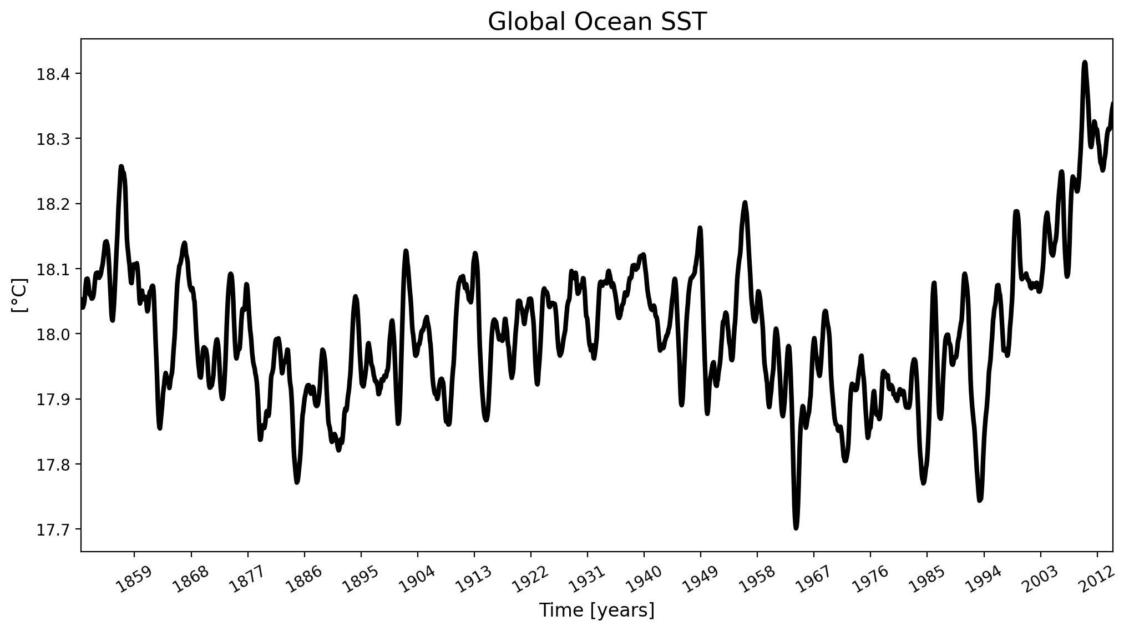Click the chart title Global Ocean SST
(x=597, y=22)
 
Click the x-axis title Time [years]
(x=597, y=610)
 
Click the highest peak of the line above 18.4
(x=1085, y=63)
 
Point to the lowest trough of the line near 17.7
(x=796, y=528)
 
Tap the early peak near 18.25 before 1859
(x=121, y=167)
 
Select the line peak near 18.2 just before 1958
(x=745, y=203)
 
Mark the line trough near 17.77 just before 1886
(x=297, y=482)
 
